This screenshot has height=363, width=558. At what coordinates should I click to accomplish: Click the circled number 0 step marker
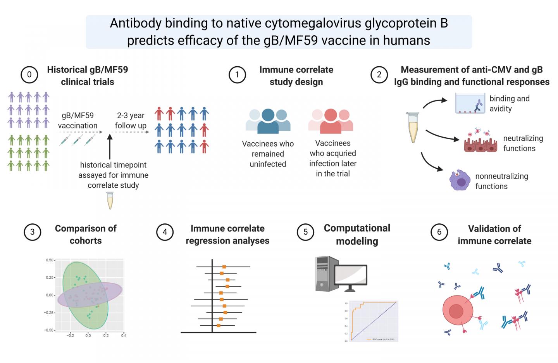pyautogui.click(x=29, y=74)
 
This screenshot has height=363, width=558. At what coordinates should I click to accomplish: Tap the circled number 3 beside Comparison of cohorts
pyautogui.click(x=32, y=232)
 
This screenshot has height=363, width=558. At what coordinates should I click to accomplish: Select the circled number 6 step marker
pyautogui.click(x=439, y=232)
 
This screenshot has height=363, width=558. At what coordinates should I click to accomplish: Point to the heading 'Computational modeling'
pyautogui.click(x=357, y=234)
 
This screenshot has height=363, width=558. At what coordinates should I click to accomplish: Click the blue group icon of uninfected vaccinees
pyautogui.click(x=268, y=121)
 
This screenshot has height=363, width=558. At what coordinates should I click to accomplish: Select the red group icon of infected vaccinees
pyautogui.click(x=331, y=121)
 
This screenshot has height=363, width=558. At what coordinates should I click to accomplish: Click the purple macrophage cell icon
pyautogui.click(x=460, y=181)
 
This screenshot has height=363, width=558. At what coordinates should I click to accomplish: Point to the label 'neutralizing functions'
pyautogui.click(x=523, y=143)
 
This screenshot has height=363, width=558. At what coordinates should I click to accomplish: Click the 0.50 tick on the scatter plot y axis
pyautogui.click(x=50, y=260)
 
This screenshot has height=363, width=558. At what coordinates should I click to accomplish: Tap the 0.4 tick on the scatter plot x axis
pyautogui.click(x=124, y=336)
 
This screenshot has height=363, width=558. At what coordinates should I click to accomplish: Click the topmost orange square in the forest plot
pyautogui.click(x=224, y=267)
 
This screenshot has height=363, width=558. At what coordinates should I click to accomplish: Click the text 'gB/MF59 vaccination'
pyautogui.click(x=77, y=120)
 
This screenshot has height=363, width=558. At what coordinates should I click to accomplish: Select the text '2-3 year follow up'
pyautogui.click(x=131, y=120)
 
